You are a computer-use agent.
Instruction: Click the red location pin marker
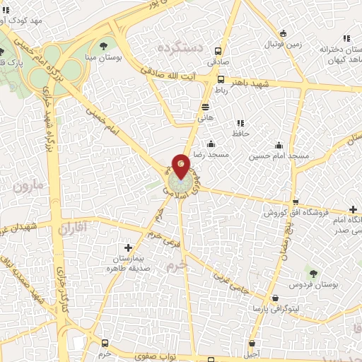[181, 166]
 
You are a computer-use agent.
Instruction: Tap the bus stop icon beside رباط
[221, 79]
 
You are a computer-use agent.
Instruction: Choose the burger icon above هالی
[206, 107]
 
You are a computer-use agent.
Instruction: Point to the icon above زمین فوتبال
[284, 33]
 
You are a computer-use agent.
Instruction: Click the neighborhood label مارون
[28, 187]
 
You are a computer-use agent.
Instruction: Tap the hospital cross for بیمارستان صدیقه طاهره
[127, 247]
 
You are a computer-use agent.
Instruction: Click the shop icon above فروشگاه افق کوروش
[295, 202]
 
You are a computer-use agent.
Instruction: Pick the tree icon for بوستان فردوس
[312, 273]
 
